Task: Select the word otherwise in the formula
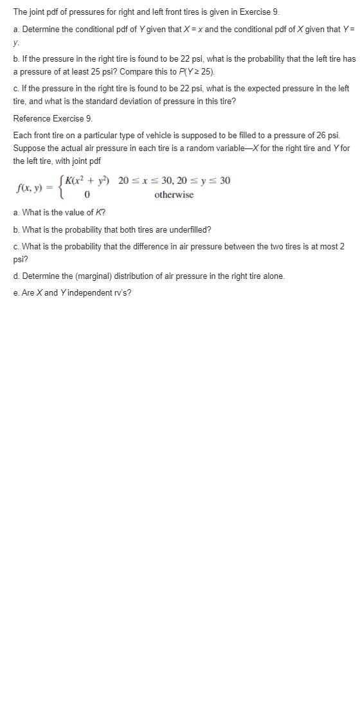(174, 195)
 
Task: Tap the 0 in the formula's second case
(85, 195)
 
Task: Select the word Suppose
(30, 148)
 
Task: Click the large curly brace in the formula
(60, 188)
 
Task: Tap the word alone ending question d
(272, 276)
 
